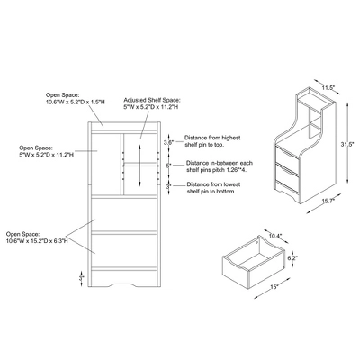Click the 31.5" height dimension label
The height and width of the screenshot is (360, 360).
pyautogui.click(x=344, y=145)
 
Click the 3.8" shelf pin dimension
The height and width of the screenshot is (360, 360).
pyautogui.click(x=167, y=142)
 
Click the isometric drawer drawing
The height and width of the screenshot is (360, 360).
pyautogui.click(x=248, y=261)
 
